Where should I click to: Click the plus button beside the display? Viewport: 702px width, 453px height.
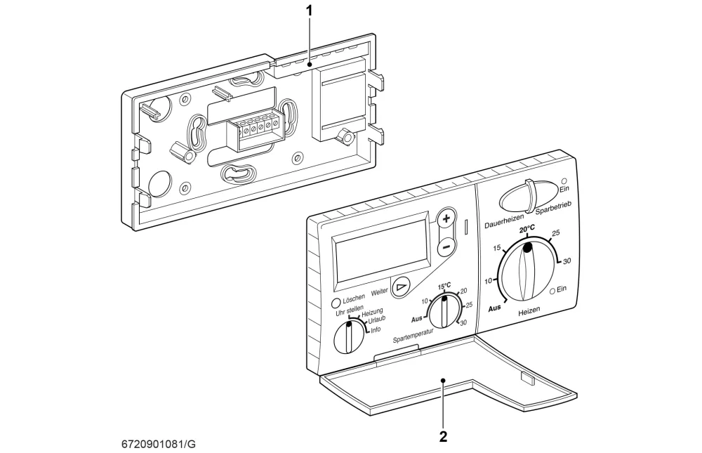(x=446, y=218)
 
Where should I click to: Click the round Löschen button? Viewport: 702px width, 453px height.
(x=336, y=303)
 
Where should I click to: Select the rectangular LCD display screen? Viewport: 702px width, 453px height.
(x=381, y=253)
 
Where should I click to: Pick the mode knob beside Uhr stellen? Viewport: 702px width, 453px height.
(x=348, y=337)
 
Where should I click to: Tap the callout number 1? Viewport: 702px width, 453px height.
(x=309, y=11)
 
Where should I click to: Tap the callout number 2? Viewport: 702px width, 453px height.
(x=443, y=436)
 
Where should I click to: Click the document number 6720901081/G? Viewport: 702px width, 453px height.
(x=159, y=445)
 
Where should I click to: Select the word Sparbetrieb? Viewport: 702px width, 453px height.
(x=553, y=207)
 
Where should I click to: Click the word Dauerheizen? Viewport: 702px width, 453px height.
(x=503, y=221)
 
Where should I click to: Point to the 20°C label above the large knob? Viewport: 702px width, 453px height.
(x=527, y=230)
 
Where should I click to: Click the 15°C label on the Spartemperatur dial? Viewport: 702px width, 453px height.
(x=444, y=286)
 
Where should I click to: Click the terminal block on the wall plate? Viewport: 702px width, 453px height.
(x=256, y=132)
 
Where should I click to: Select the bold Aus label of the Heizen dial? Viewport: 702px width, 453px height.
(x=494, y=308)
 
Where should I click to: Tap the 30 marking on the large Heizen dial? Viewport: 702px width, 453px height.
(x=567, y=261)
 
